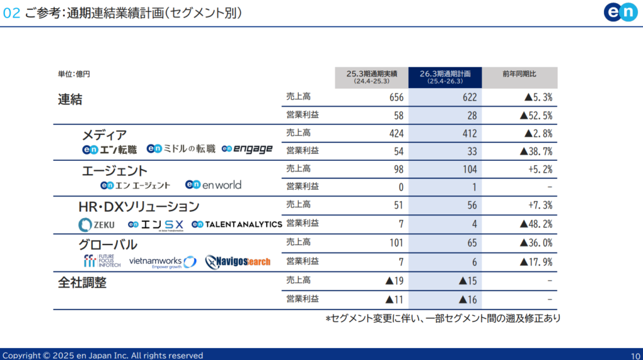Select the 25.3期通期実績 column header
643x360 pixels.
pos(371,77)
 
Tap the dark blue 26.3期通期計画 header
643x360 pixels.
pos(445,77)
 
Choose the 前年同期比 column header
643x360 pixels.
pos(519,74)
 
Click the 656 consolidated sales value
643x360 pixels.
pos(396,97)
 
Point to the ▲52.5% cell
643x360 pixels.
pos(536,116)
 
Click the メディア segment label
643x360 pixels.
pos(104,135)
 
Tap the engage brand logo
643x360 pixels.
pos(247,149)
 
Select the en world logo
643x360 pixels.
pos(213,185)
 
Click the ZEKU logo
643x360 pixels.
pos(95,224)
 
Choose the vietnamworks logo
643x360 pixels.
pos(163,261)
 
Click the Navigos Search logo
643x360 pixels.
pos(238,261)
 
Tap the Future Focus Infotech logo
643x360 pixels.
pos(102,261)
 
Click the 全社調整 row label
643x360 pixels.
pos(82,283)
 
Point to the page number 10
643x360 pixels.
pos(635,355)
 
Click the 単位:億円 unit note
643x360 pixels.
pos(74,74)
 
